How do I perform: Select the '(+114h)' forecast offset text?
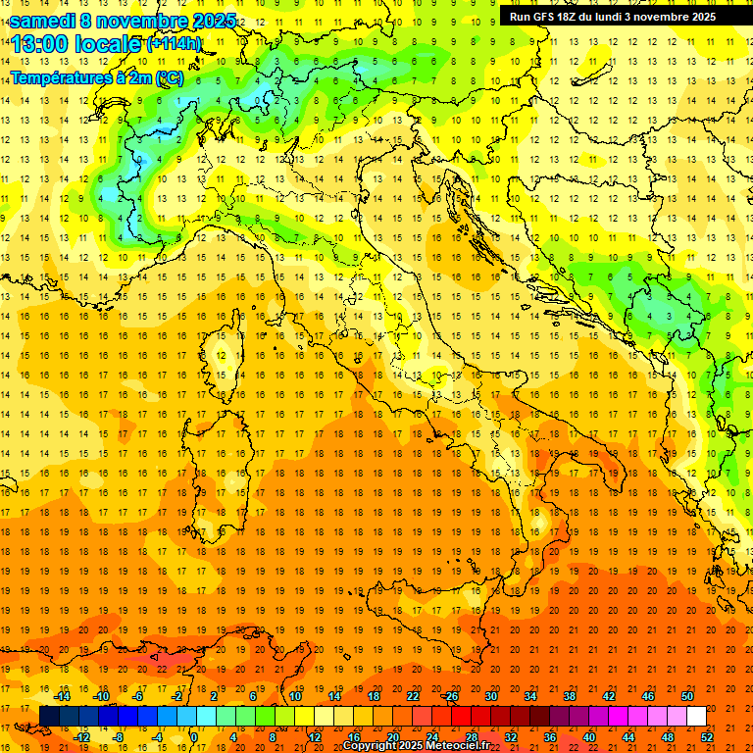(x=174, y=44)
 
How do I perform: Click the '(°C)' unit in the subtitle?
(x=168, y=77)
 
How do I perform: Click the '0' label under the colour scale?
(x=194, y=737)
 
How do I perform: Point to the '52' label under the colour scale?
(x=707, y=737)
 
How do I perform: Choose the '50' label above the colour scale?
(x=687, y=695)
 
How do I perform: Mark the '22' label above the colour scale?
(x=413, y=695)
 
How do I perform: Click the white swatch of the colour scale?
(x=696, y=716)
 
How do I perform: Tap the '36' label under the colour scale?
(x=550, y=737)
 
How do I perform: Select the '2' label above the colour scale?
(x=214, y=695)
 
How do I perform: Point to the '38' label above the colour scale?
(x=570, y=695)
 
